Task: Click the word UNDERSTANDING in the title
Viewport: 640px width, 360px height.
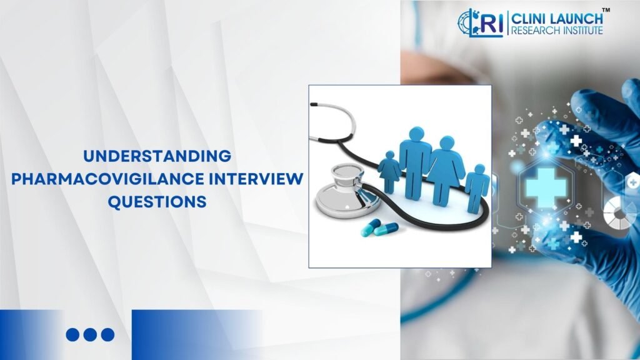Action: click(x=157, y=156)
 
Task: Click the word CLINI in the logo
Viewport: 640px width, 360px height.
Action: click(x=529, y=17)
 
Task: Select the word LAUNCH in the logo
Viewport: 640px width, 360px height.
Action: click(x=576, y=17)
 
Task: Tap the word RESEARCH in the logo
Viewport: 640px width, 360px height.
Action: click(x=536, y=29)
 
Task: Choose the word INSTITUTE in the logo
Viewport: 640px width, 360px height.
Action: click(x=582, y=29)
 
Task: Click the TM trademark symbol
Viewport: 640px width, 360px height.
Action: click(x=606, y=10)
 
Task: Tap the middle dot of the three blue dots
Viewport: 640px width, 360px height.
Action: click(x=90, y=334)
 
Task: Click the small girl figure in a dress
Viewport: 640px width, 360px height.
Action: click(x=390, y=171)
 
